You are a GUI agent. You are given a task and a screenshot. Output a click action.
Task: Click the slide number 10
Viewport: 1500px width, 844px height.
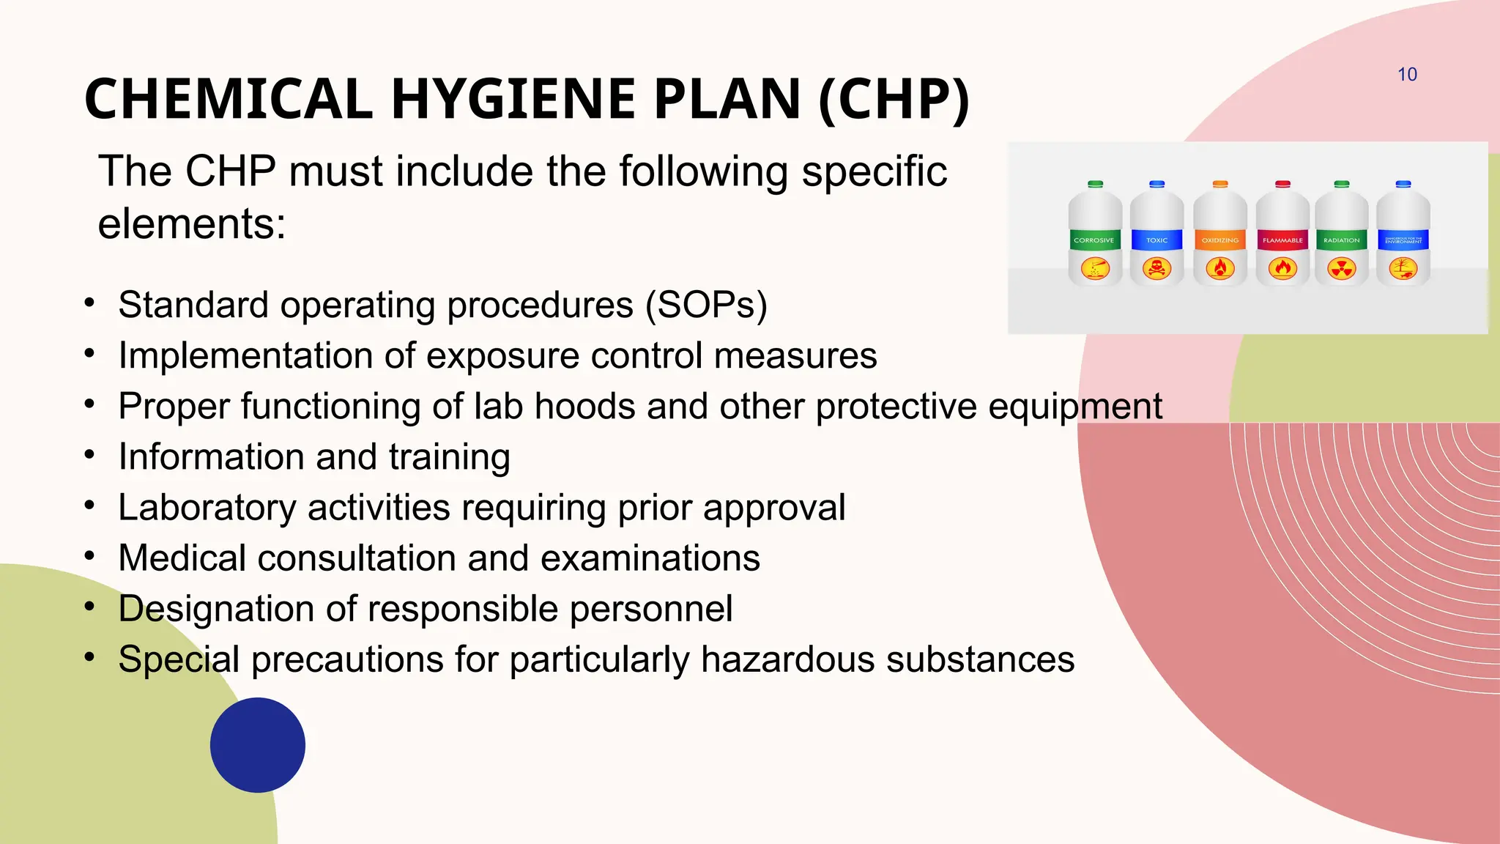click(x=1407, y=75)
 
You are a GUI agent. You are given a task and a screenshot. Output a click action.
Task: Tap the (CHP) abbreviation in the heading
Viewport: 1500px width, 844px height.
click(x=894, y=100)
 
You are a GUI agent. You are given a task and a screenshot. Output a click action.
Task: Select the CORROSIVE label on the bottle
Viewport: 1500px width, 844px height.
click(x=1094, y=240)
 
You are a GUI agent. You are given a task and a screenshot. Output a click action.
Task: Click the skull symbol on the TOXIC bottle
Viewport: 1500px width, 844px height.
click(x=1156, y=269)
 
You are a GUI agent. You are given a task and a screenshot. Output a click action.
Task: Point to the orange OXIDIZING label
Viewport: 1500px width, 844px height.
click(x=1219, y=240)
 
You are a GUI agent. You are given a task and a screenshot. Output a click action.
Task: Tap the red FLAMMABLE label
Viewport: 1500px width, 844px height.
click(x=1282, y=240)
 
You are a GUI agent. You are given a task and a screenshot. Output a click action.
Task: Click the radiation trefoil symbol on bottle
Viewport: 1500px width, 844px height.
click(x=1342, y=269)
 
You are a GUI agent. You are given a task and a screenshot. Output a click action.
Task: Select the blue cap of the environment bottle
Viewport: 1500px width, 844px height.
click(x=1403, y=184)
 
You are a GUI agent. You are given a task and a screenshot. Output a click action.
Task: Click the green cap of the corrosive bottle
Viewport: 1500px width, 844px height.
click(x=1095, y=184)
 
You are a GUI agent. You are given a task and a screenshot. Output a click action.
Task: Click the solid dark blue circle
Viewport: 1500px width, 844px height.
click(x=258, y=744)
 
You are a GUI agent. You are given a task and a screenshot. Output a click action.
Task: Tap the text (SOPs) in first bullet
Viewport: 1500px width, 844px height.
click(x=706, y=305)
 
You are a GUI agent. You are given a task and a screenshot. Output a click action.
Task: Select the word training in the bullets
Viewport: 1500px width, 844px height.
click(x=449, y=457)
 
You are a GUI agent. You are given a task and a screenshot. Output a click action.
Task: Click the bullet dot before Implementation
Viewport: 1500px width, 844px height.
click(x=89, y=355)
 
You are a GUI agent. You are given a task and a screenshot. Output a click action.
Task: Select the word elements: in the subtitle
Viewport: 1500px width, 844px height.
click(x=192, y=224)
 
